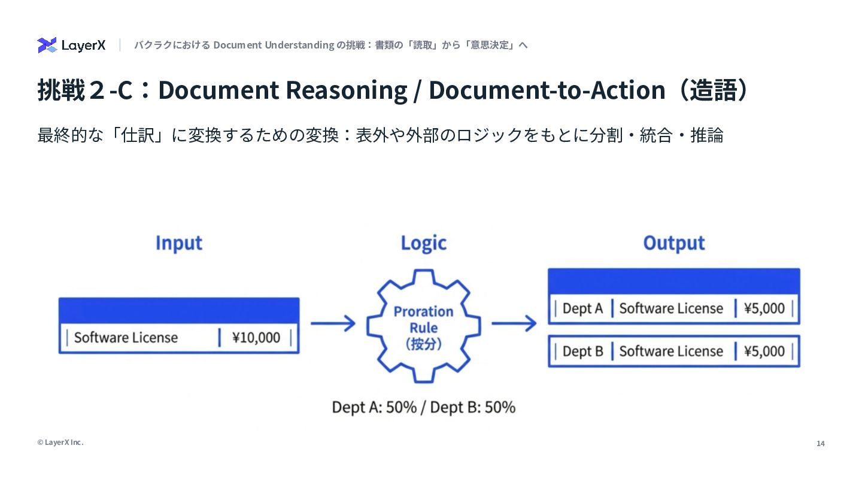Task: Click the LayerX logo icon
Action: (47, 45)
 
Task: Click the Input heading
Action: (178, 243)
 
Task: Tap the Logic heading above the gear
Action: (423, 243)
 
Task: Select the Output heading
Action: (673, 243)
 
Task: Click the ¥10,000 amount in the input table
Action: (256, 338)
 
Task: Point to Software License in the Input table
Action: (126, 338)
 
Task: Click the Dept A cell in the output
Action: (582, 309)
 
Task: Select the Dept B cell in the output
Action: (582, 351)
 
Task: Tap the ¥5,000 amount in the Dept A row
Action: (764, 309)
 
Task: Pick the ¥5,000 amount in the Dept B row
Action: (764, 351)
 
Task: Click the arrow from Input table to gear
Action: (333, 324)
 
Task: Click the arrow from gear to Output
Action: (514, 324)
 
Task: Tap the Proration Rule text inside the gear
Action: (423, 320)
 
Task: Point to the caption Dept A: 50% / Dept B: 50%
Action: (423, 408)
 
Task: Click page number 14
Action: (820, 444)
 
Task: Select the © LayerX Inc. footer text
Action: (60, 442)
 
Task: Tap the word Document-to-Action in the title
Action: (547, 90)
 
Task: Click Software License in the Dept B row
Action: (671, 351)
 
